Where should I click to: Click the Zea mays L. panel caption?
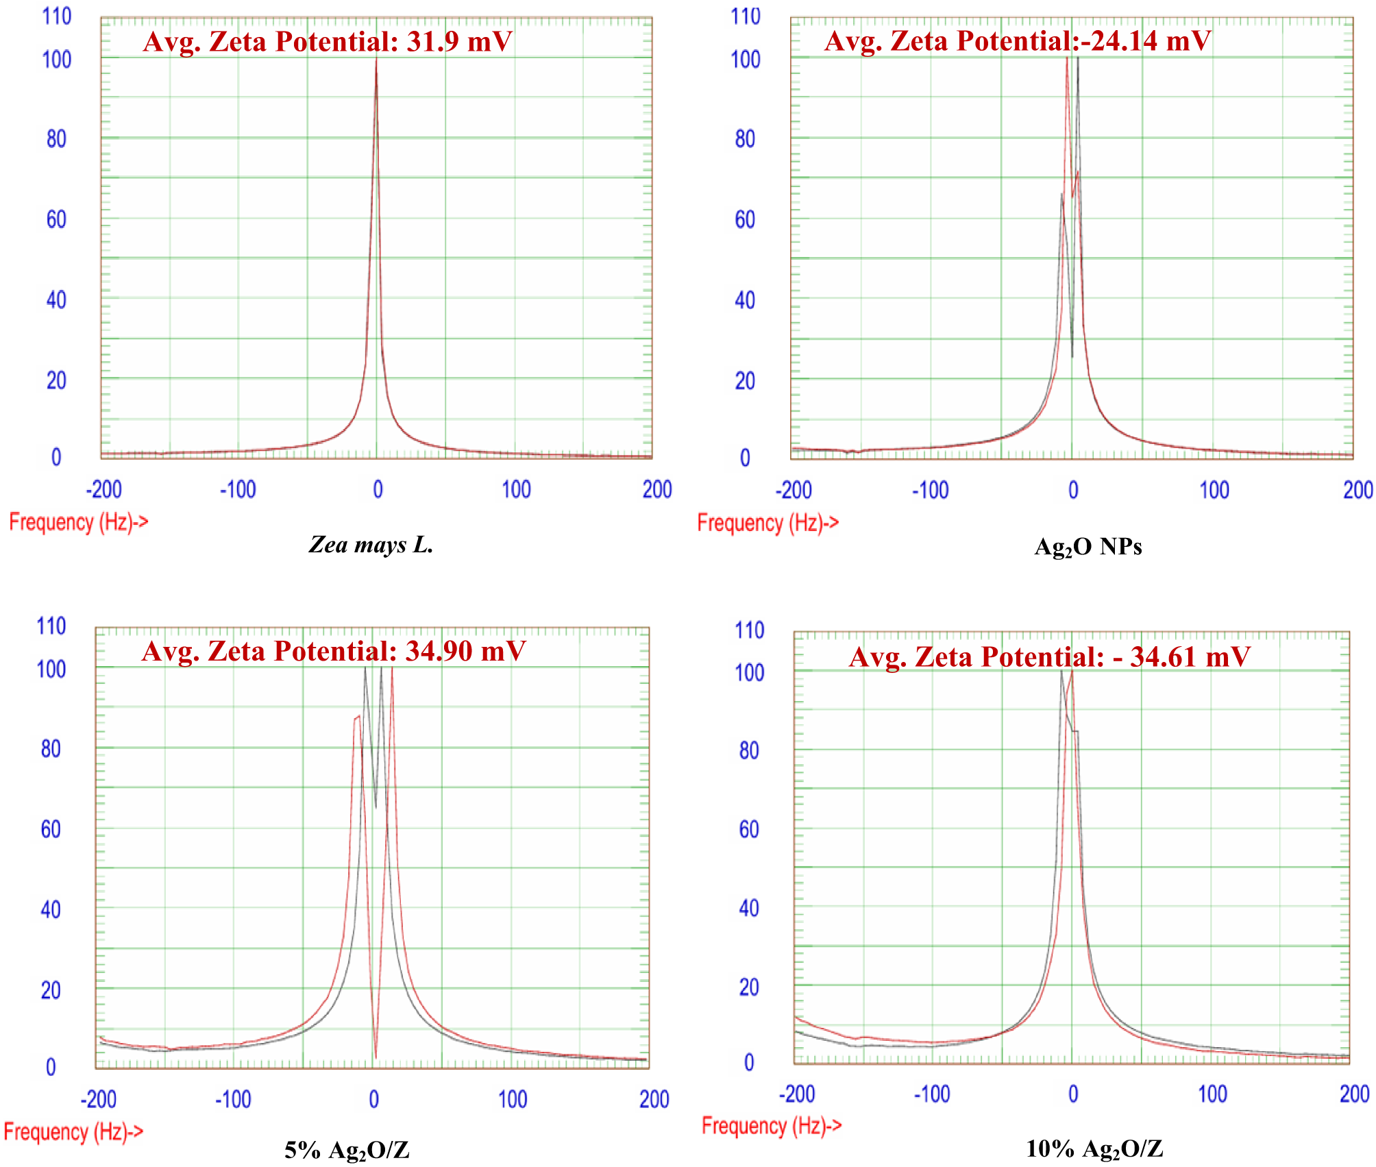point(371,545)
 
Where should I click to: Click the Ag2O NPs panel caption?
point(1088,547)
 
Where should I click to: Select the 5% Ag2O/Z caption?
point(347,1150)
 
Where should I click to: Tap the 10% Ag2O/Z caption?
point(1094,1148)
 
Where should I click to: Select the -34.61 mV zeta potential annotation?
point(1181,657)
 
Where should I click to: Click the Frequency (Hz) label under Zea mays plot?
point(78,522)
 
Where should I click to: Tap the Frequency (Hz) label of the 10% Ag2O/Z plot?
point(772,1125)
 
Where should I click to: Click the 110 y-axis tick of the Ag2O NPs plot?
point(746,16)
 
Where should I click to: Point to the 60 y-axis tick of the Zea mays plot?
point(56,219)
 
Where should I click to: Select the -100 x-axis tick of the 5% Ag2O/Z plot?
point(233,1099)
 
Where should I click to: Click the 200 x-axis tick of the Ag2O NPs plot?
point(1357,490)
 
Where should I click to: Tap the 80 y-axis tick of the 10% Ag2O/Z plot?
point(749,750)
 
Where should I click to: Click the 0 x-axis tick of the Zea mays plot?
point(378,489)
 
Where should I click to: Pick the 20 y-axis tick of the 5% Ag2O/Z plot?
point(51,990)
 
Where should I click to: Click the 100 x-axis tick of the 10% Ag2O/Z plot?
point(1212,1094)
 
